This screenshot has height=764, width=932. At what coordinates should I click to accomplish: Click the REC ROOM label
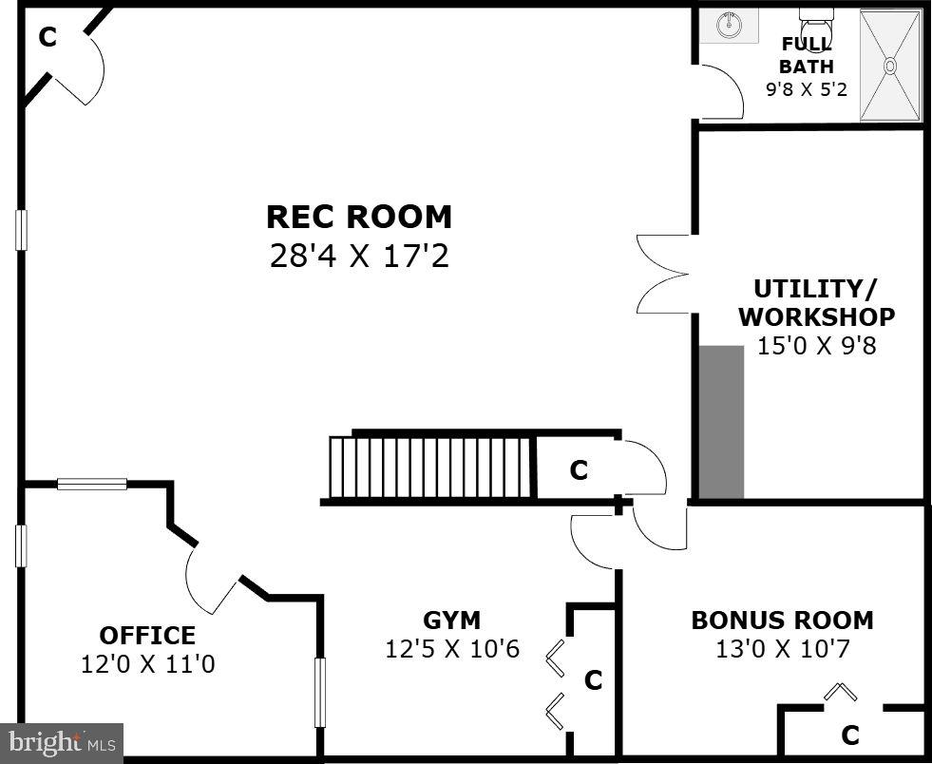pos(359,217)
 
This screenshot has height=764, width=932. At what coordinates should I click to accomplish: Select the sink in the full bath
pos(730,26)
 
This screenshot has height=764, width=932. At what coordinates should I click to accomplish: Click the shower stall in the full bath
pos(890,66)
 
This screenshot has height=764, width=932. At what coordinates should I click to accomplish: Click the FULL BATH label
pos(807,55)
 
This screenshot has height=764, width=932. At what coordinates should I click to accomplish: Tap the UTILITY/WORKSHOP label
pos(816,302)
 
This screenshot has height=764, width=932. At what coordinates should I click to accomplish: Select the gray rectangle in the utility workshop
pos(722,422)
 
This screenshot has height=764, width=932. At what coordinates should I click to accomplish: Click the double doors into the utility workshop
pos(664,274)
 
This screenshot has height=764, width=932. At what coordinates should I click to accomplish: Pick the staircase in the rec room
pos(429,467)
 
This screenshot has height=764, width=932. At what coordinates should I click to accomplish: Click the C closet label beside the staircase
pos(579,470)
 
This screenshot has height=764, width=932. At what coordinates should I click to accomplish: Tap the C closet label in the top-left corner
pos(47,37)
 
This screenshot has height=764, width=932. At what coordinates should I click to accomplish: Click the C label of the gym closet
pos(594,680)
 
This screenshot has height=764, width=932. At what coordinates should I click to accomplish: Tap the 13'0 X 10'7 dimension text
pos(782,650)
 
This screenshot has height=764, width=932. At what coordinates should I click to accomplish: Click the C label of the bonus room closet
pos(850,735)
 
